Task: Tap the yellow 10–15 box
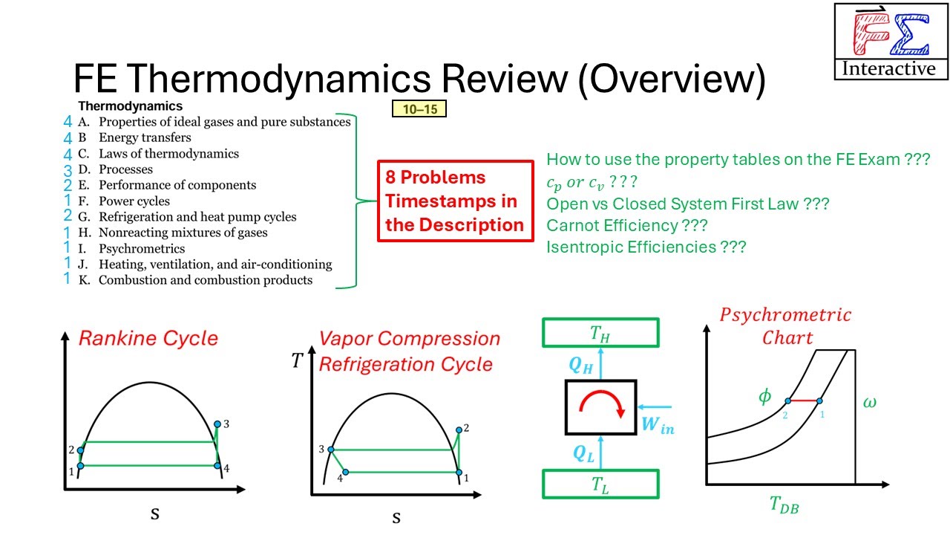click(419, 110)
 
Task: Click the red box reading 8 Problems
click(455, 201)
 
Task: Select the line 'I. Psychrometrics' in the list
click(141, 249)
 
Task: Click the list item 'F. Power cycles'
click(134, 201)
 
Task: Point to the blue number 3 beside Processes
click(68, 169)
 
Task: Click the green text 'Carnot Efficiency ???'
click(627, 225)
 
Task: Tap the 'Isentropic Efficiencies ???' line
click(646, 247)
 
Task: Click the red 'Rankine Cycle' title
click(148, 339)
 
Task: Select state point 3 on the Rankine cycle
click(217, 424)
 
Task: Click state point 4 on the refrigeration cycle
click(345, 472)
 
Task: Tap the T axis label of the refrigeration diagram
click(298, 361)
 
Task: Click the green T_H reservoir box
click(600, 333)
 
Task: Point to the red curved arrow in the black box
click(600, 405)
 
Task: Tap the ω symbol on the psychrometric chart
click(870, 402)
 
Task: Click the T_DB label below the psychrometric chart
click(784, 507)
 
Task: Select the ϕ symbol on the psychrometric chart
click(764, 396)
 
